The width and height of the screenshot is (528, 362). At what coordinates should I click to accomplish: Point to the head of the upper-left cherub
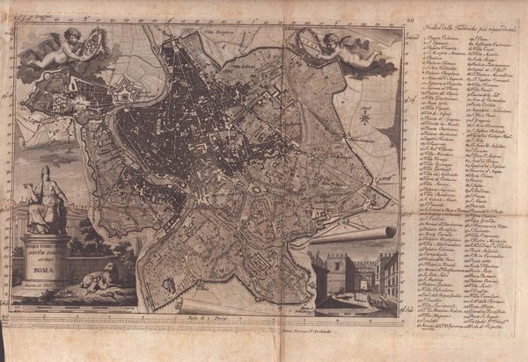(x=71, y=34)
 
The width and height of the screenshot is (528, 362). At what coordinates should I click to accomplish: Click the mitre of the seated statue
(x=46, y=170)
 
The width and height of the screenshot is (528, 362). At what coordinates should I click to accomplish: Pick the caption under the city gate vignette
(x=353, y=308)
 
